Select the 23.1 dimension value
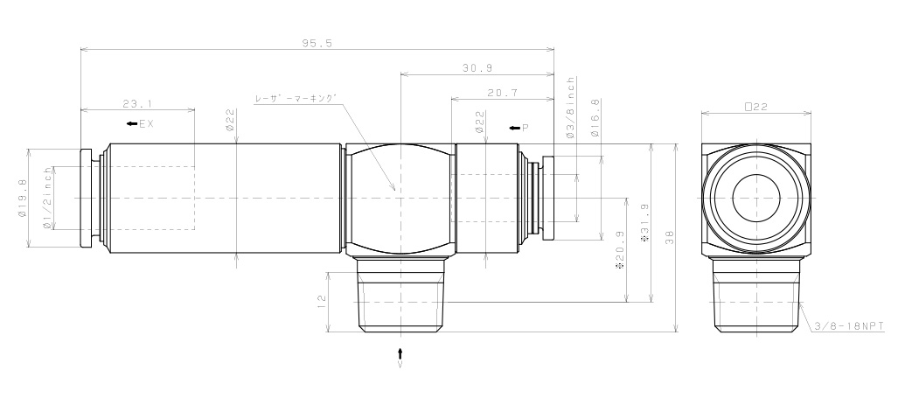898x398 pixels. coord(136,103)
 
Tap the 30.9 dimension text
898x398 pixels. coord(476,67)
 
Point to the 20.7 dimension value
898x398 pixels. coord(502,92)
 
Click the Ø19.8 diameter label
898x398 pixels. coord(22,199)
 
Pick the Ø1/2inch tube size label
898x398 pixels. coord(48,199)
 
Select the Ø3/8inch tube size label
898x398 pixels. coord(571,108)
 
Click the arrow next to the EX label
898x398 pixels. coord(131,124)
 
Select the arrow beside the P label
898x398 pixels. coord(515,129)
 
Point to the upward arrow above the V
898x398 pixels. coord(400,353)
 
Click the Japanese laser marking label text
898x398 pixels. coord(295,99)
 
